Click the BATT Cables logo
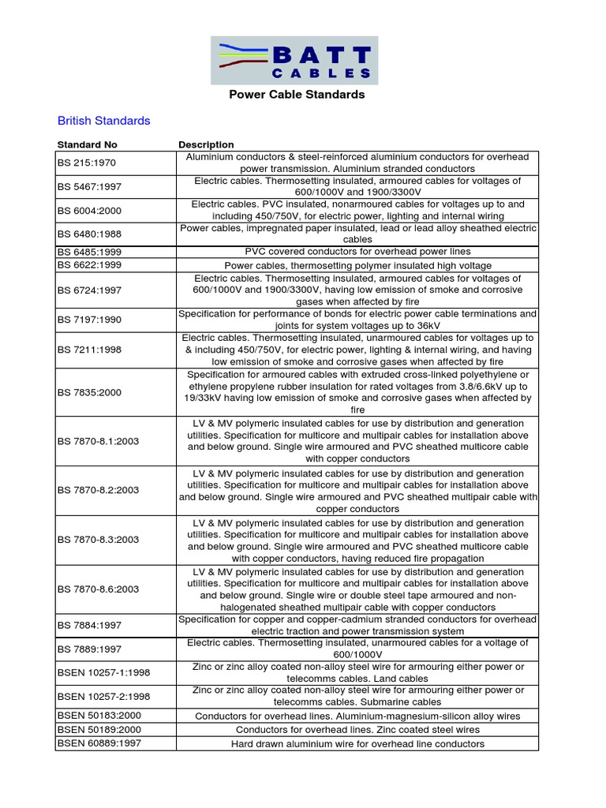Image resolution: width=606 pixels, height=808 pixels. [x=294, y=60]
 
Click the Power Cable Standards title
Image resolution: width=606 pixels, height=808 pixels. [x=297, y=95]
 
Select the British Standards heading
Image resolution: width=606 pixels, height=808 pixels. [x=103, y=121]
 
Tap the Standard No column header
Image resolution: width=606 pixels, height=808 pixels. [x=88, y=145]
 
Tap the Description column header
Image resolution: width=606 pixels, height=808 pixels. [x=206, y=145]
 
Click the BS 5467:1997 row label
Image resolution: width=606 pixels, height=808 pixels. [x=91, y=187]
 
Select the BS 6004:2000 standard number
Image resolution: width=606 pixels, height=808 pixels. [x=91, y=211]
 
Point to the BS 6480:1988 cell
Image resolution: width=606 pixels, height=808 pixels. [x=91, y=234]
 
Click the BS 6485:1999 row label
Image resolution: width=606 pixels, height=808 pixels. [x=91, y=252]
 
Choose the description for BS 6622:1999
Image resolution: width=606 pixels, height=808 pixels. [x=357, y=266]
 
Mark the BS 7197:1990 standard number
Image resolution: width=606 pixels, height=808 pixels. [x=91, y=320]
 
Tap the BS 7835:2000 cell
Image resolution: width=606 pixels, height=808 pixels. [x=91, y=392]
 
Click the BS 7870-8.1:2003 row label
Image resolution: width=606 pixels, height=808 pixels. [x=99, y=441]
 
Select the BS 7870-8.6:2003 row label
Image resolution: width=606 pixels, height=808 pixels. [x=99, y=589]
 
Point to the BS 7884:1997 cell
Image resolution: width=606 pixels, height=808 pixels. [x=91, y=626]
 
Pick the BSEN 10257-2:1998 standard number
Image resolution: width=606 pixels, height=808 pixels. [x=104, y=697]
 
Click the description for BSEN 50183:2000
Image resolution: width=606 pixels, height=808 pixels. [x=357, y=716]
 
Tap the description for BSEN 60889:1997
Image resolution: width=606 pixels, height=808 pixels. [x=357, y=744]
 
